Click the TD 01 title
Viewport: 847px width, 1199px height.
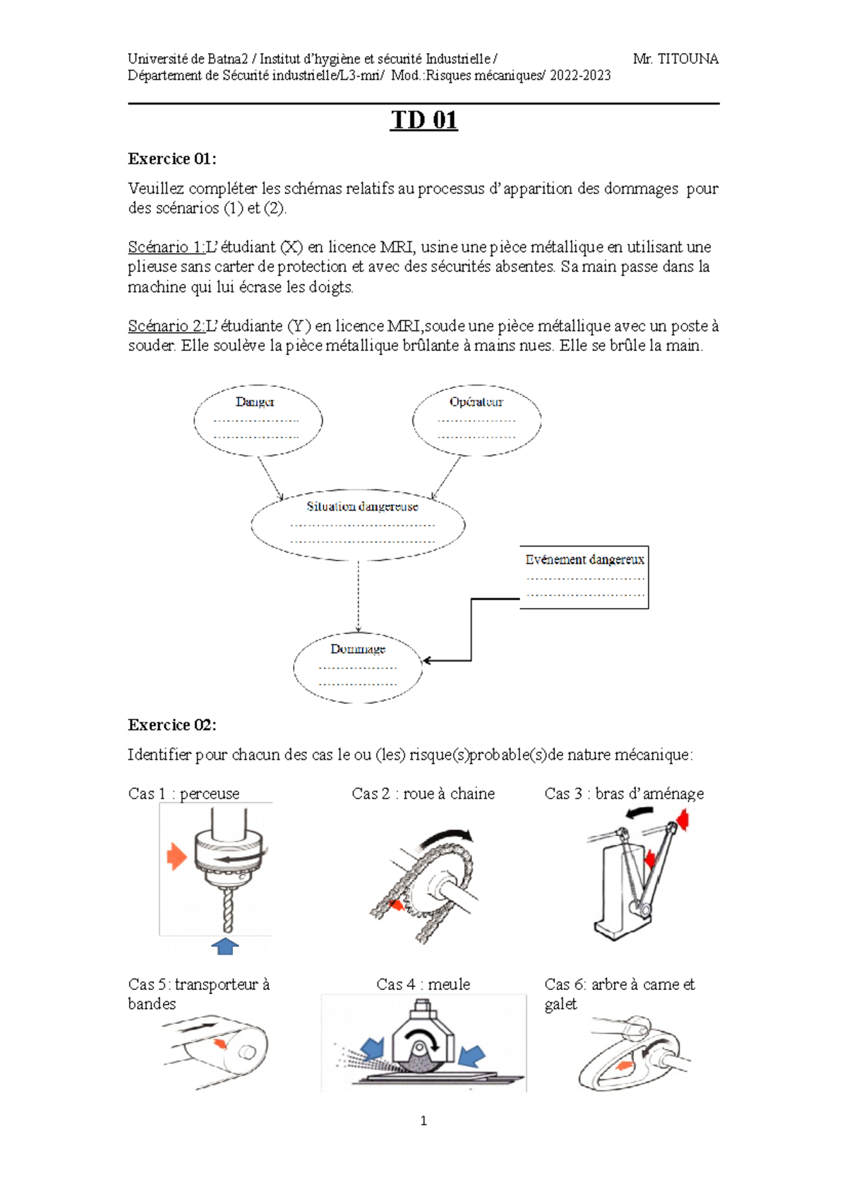[423, 120]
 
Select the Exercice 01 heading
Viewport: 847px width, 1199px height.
[172, 159]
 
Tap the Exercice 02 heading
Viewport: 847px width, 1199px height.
[172, 724]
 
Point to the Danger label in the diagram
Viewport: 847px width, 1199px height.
[255, 402]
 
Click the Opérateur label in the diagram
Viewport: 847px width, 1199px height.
[476, 402]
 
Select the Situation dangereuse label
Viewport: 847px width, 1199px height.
[362, 506]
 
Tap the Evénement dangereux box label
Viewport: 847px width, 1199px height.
[584, 560]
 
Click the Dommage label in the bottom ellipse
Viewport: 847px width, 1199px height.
[357, 649]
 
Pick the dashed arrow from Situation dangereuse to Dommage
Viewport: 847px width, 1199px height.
[358, 596]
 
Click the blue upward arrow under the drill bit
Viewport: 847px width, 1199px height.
[224, 946]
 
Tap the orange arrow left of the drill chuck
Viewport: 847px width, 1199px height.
[176, 857]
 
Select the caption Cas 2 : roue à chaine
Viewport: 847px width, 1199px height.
[423, 793]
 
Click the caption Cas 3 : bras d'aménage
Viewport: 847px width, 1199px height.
[624, 793]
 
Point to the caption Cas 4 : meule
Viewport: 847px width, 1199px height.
[423, 984]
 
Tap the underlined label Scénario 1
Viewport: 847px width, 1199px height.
[167, 247]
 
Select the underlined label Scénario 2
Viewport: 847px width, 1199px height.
[167, 326]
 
